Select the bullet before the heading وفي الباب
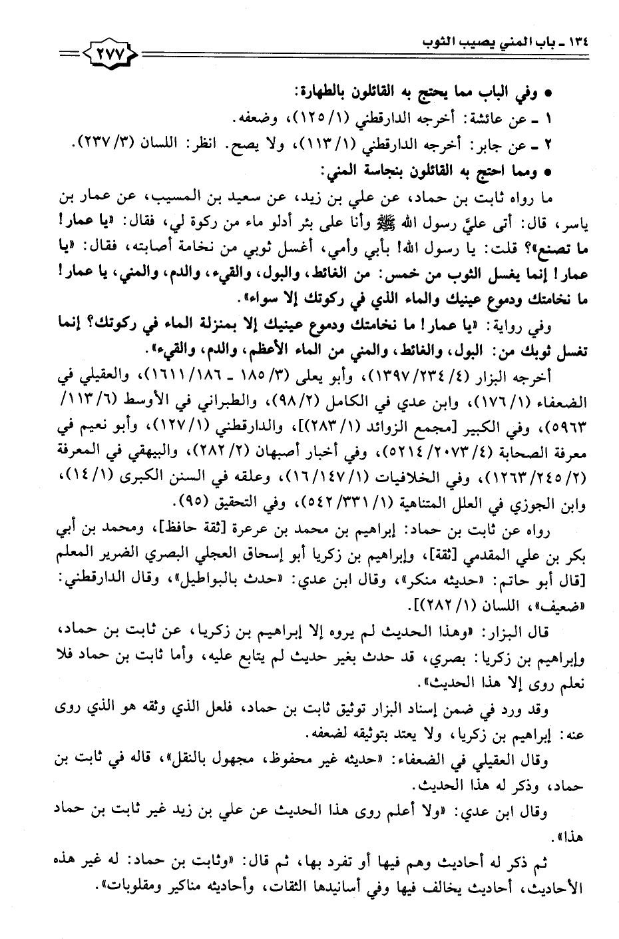(546, 94)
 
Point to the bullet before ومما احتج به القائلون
(546, 171)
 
